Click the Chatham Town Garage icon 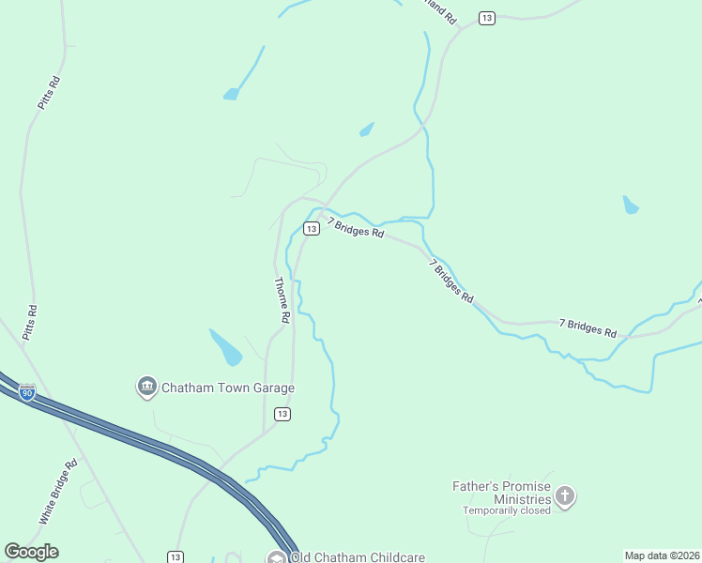click(146, 387)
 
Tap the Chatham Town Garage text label click(228, 388)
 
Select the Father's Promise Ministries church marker click(564, 496)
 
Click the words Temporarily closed click(506, 511)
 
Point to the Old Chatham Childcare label click(358, 556)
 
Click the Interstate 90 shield click(27, 392)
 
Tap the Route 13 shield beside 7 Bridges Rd click(311, 228)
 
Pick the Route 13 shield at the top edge click(486, 18)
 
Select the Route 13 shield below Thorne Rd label click(282, 414)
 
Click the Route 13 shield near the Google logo click(175, 556)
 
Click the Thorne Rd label click(281, 300)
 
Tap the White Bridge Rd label click(58, 492)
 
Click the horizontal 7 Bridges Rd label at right click(588, 327)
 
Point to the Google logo click(31, 552)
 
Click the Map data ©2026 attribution click(662, 555)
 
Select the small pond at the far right click(631, 204)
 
